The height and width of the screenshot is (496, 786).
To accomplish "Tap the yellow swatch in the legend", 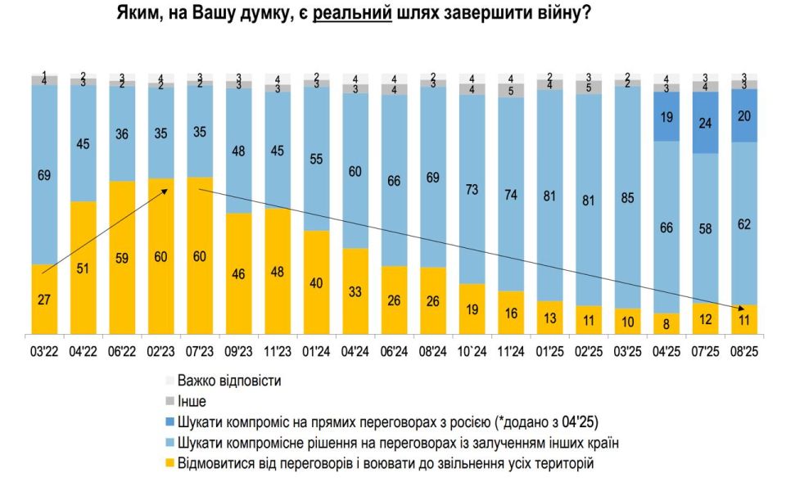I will click(169, 463).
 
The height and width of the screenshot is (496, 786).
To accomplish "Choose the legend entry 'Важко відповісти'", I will click(230, 381).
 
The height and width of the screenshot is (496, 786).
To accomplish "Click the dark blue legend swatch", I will click(169, 422).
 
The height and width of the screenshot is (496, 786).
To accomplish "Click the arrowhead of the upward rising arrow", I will click(169, 190).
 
